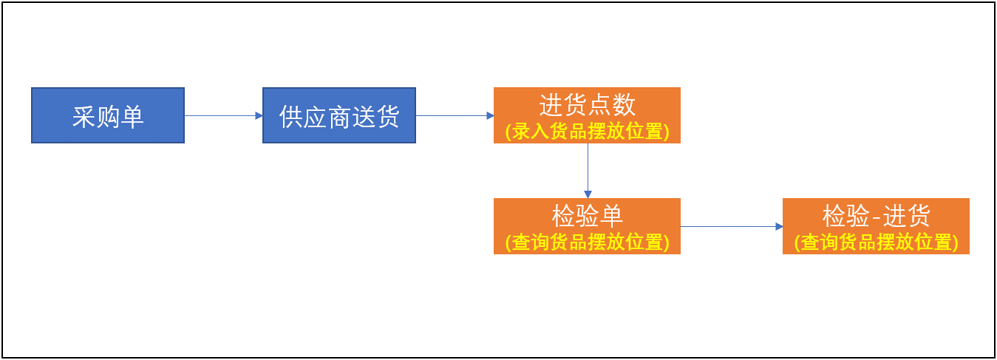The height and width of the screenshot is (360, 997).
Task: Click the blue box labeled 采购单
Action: click(x=108, y=115)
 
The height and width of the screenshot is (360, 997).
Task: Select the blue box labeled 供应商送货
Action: click(x=339, y=115)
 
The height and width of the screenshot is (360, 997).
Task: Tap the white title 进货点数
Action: click(x=587, y=105)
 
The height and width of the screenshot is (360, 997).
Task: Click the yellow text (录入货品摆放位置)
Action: click(x=587, y=132)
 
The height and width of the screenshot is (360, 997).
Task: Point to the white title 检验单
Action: click(x=587, y=216)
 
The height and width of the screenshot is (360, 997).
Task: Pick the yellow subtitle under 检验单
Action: click(x=587, y=242)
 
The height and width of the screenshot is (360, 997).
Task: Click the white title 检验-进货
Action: click(x=876, y=216)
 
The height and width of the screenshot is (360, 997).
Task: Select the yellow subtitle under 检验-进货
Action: click(x=876, y=242)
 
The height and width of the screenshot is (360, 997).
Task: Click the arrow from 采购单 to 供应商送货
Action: click(x=223, y=116)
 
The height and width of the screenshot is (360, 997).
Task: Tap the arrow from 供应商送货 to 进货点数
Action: click(x=455, y=116)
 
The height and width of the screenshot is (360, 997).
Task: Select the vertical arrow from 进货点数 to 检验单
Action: click(x=588, y=171)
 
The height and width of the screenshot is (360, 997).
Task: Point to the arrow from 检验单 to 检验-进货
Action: click(x=732, y=226)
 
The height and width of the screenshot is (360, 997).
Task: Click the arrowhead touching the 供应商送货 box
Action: click(x=259, y=116)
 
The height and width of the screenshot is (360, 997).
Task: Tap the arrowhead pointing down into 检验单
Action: click(x=588, y=194)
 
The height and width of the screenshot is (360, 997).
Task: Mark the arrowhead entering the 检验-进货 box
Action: click(x=779, y=226)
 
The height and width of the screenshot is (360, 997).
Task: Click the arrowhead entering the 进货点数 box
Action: click(x=490, y=116)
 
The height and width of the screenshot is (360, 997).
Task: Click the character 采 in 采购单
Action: click(x=84, y=117)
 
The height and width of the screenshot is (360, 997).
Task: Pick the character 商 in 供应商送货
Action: click(x=340, y=117)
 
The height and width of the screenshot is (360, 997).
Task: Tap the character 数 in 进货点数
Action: click(x=624, y=105)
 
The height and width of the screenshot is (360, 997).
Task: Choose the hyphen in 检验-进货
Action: click(x=876, y=217)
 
